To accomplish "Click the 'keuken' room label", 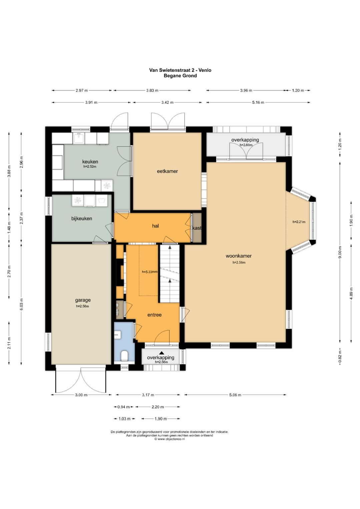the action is (x=90, y=162).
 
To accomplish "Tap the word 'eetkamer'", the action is (x=167, y=171).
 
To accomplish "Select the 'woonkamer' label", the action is (x=238, y=256).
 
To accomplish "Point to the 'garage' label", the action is (x=83, y=300).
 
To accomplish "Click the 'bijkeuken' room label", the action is (x=82, y=218).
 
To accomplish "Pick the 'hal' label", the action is (x=155, y=226).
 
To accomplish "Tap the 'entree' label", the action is (x=154, y=315).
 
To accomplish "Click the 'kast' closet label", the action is (x=197, y=228).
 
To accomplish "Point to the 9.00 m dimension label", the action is (x=340, y=252).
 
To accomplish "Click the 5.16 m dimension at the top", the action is (x=258, y=102).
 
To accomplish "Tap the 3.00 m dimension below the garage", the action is (x=81, y=395).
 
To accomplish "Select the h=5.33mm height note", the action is (x=150, y=272).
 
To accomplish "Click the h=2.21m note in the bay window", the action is (x=299, y=222).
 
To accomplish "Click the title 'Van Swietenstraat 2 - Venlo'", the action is (x=180, y=70).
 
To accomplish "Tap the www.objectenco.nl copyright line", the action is (x=170, y=439).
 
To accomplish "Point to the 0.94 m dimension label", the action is (x=123, y=407).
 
